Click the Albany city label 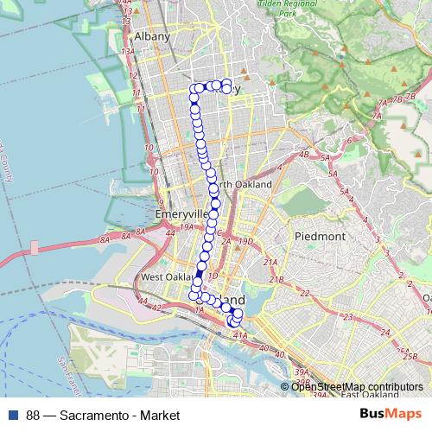tap(151, 36)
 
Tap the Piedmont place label tap(321, 235)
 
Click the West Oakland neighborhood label tap(164, 277)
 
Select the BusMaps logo tap(391, 415)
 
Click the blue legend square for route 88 tap(13, 416)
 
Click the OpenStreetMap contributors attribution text tap(356, 386)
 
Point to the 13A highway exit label tap(130, 52)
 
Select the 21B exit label tap(276, 280)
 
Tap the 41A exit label tap(240, 334)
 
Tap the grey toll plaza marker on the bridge tap(35, 247)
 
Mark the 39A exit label tap(301, 372)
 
